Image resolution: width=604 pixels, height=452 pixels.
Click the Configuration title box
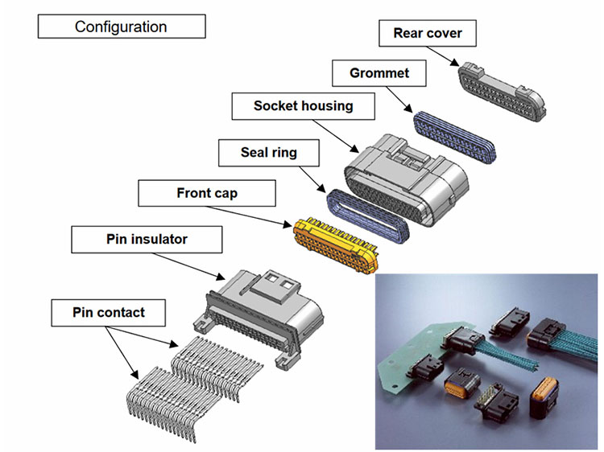[121, 27]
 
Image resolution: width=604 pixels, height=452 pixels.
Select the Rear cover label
[427, 33]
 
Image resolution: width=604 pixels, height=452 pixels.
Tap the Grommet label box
[379, 73]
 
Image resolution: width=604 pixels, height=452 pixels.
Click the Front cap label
[207, 193]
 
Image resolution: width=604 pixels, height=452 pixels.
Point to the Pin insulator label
[146, 239]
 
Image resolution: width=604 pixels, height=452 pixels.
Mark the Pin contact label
[109, 310]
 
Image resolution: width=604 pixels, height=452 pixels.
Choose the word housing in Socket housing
[327, 106]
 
